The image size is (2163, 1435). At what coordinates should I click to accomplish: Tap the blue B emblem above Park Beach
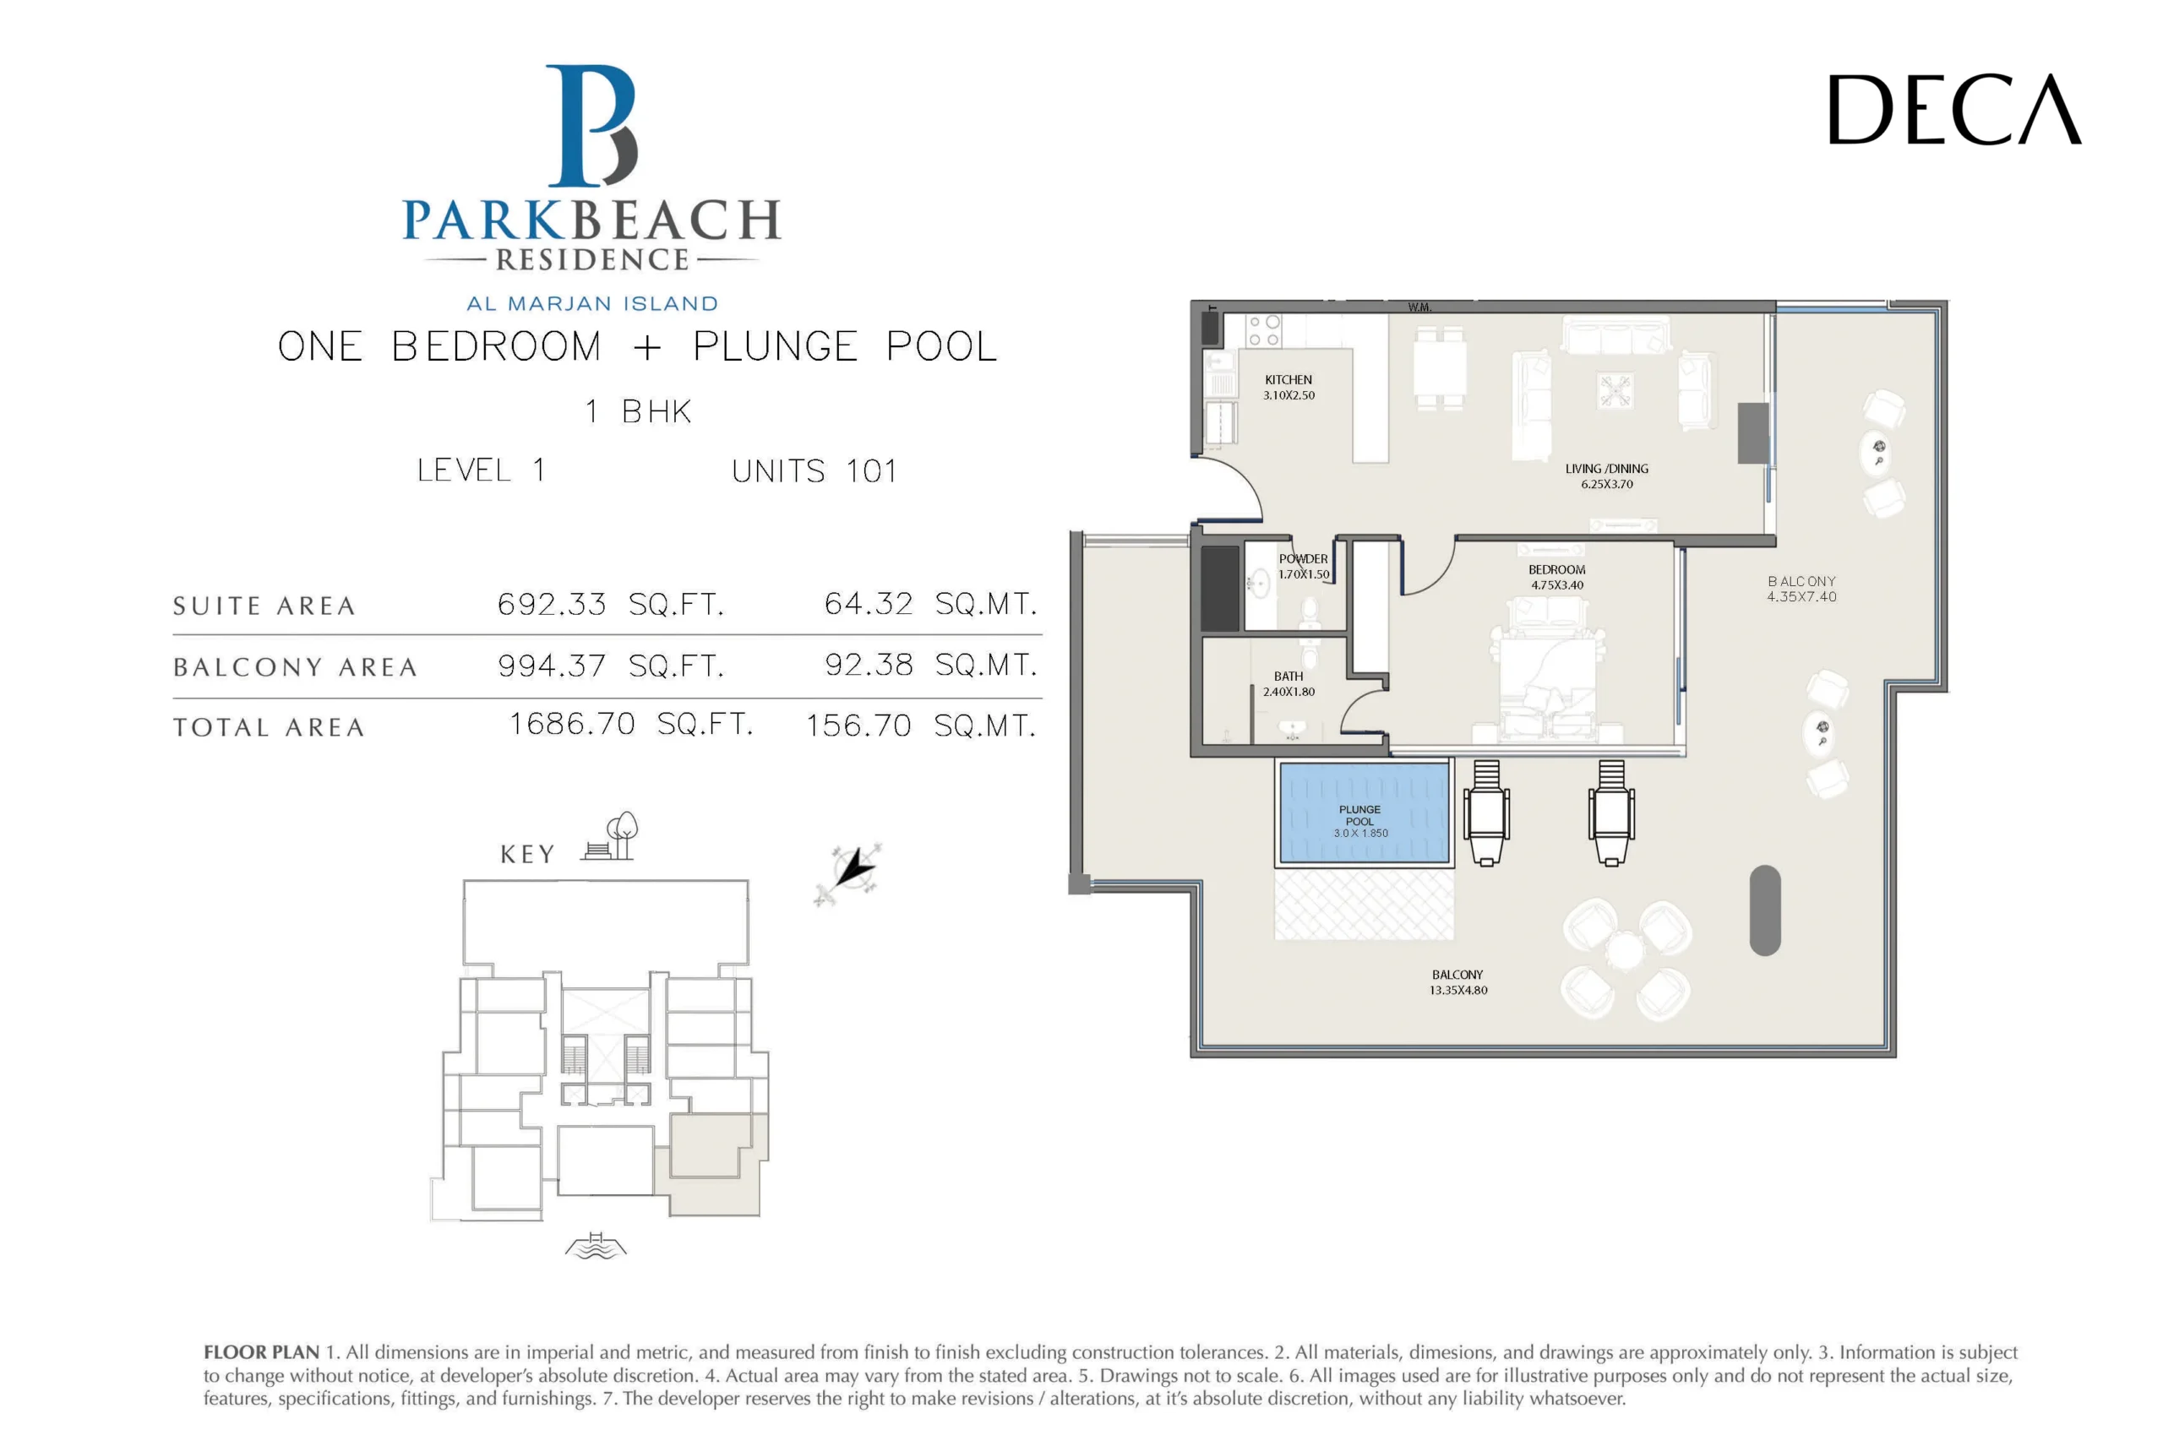click(x=591, y=127)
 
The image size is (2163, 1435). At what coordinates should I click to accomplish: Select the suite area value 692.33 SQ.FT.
click(x=610, y=604)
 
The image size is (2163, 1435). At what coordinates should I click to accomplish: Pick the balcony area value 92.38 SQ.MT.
click(x=930, y=665)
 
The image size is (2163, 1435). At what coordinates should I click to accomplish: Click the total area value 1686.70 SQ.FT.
click(x=630, y=724)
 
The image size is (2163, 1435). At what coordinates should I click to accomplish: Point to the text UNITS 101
click(x=814, y=471)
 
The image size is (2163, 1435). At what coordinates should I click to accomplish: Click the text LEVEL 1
click(x=482, y=470)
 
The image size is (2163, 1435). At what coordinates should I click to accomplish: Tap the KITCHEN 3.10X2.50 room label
click(x=1288, y=387)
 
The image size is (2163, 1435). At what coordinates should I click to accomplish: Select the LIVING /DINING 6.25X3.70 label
click(x=1605, y=476)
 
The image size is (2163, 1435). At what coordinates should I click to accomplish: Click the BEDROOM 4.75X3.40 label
click(x=1556, y=577)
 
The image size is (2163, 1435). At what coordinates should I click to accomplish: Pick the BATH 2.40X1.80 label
click(x=1288, y=683)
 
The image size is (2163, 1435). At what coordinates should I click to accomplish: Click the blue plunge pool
click(x=1363, y=813)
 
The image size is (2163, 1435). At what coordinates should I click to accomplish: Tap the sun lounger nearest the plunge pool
click(x=1485, y=813)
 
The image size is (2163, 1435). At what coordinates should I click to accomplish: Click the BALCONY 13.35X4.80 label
click(x=1457, y=982)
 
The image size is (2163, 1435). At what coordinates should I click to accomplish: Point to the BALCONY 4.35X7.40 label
click(x=1801, y=589)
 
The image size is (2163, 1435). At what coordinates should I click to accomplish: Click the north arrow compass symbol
click(x=849, y=872)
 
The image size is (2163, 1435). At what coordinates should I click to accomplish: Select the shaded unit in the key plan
click(x=714, y=1167)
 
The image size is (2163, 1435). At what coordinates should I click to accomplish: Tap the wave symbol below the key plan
click(x=596, y=1247)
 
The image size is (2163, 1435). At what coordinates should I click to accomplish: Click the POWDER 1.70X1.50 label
click(x=1303, y=567)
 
